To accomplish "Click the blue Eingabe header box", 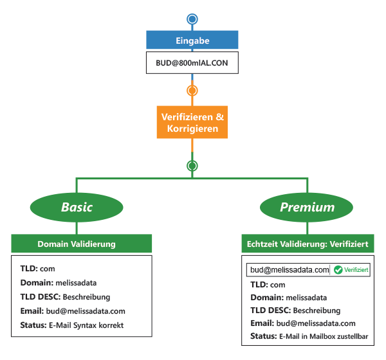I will (192, 40).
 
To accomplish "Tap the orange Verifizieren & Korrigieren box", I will (192, 122).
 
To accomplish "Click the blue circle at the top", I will (192, 19).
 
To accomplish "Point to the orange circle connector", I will (192, 90).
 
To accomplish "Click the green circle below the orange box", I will (192, 166).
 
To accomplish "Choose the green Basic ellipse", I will (77, 207).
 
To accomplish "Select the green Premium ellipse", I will (307, 207).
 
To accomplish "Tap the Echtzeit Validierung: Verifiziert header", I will (307, 244).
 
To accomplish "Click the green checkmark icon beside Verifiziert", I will (338, 270).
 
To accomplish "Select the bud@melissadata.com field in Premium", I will (289, 270).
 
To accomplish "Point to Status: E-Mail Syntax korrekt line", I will (71, 325).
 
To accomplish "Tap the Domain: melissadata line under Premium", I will (288, 298).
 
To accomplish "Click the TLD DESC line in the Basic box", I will (65, 297).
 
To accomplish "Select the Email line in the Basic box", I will (72, 311).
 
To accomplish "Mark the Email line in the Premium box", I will (302, 323).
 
